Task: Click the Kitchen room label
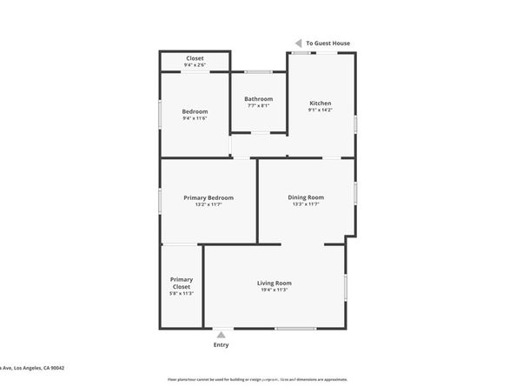[x=319, y=103]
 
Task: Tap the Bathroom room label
[x=258, y=98]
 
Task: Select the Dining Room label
[x=306, y=197]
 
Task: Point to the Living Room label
[x=274, y=283]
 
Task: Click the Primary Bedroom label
[x=208, y=197]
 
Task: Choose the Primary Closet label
[x=181, y=283]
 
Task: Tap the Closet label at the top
[x=195, y=58]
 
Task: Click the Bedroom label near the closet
[x=195, y=111]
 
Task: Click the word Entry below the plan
[x=222, y=345]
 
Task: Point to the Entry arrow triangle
[x=222, y=333]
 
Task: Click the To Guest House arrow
[x=298, y=43]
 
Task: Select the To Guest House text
[x=328, y=43]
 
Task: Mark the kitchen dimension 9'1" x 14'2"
[x=319, y=110]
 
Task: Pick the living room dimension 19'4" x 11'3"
[x=274, y=290]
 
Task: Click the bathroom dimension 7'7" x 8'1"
[x=258, y=105]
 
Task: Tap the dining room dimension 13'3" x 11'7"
[x=306, y=204]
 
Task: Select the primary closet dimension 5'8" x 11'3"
[x=181, y=294]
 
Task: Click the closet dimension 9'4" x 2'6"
[x=195, y=65]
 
